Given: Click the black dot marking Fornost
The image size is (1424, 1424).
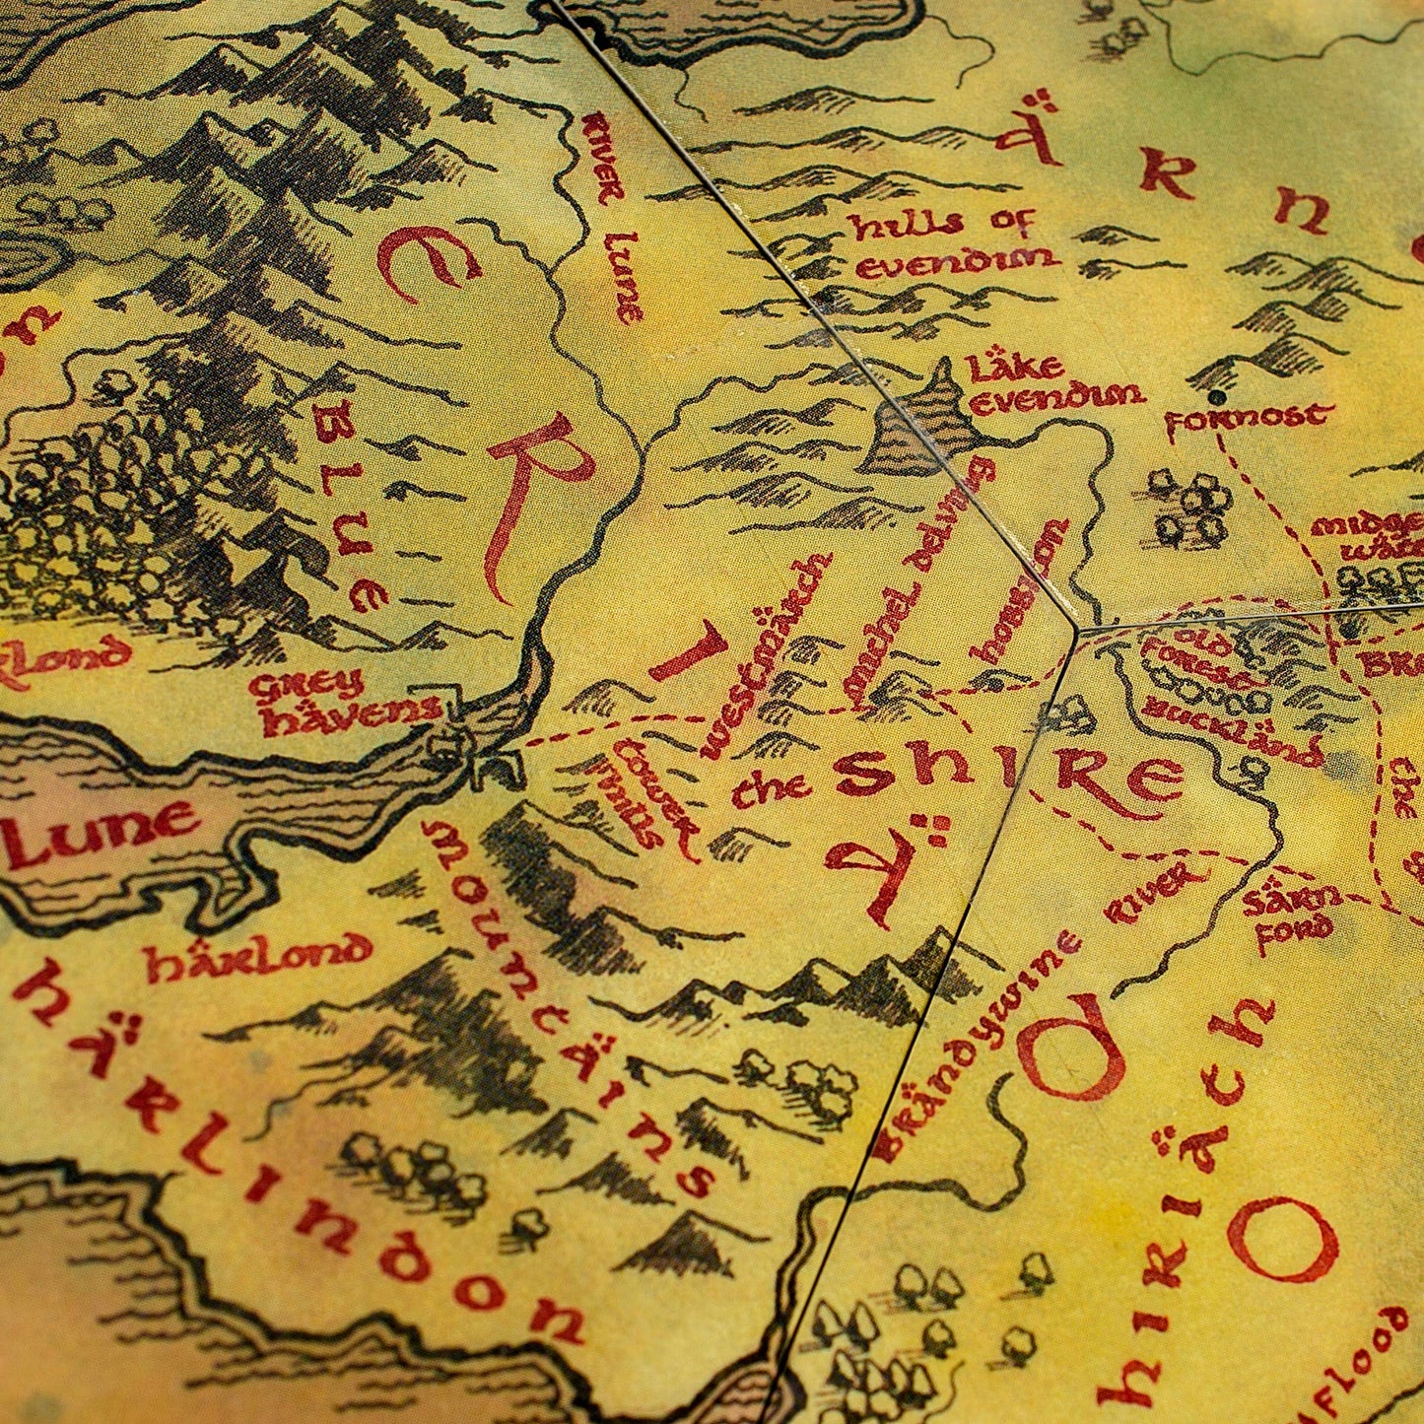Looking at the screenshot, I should [x=1219, y=396].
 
